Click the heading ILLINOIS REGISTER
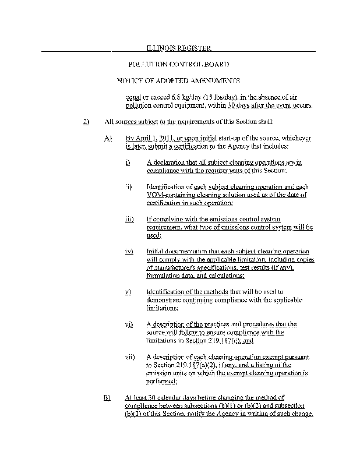(x=178, y=48)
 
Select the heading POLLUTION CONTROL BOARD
(x=178, y=64)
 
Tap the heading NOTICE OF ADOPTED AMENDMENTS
(x=178, y=80)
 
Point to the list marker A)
(x=107, y=138)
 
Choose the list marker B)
(x=107, y=397)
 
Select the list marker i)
(x=128, y=163)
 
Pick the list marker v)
(x=129, y=292)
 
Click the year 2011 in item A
(x=158, y=138)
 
